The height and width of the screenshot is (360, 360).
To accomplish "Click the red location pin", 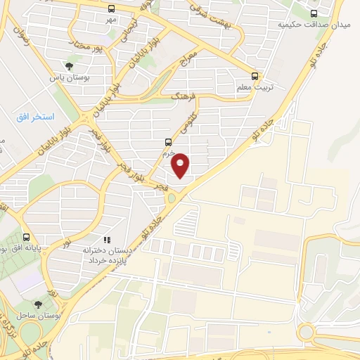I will [x=181, y=165].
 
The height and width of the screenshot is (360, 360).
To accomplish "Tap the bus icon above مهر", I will [x=112, y=8].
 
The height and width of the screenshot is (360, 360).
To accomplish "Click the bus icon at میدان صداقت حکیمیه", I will [x=314, y=13].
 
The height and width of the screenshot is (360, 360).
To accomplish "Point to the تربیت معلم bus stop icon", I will [x=255, y=76].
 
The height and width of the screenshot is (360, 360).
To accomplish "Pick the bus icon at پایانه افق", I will [x=26, y=237].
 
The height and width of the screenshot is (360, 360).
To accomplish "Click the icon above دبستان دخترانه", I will [x=107, y=239].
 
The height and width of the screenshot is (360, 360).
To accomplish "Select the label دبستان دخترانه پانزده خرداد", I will [x=106, y=255].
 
